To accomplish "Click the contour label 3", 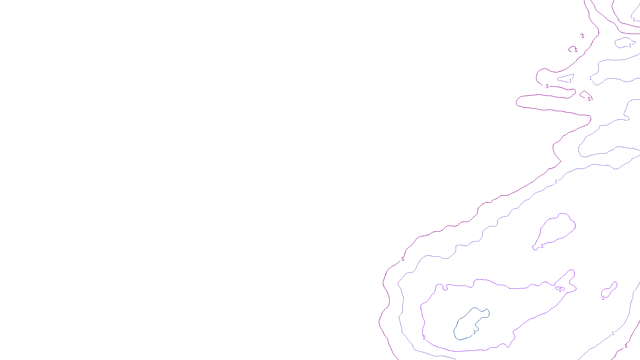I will [474, 332].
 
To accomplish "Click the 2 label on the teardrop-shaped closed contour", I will [542, 246].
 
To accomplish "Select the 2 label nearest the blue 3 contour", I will [424, 338].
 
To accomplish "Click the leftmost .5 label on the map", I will [402, 260].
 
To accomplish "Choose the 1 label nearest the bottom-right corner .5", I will [613, 333].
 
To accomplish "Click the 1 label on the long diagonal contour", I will [556, 182].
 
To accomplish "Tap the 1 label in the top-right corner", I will [634, 19].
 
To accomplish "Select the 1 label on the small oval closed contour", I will [630, 46].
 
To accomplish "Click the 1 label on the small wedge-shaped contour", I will [570, 81].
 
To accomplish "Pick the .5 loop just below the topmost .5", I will [575, 50].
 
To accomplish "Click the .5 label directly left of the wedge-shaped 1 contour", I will [547, 86].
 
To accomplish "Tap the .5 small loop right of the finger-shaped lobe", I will [588, 99].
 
